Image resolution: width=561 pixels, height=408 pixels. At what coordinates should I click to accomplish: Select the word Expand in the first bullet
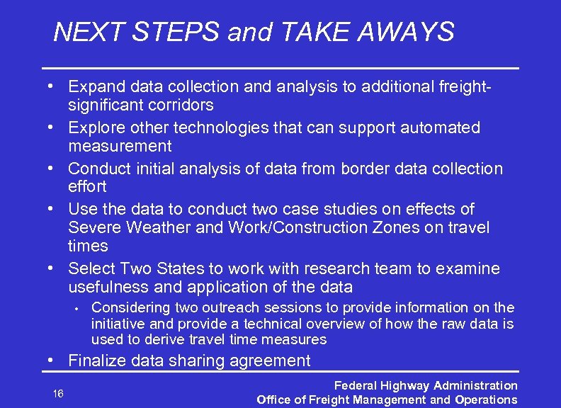[96, 87]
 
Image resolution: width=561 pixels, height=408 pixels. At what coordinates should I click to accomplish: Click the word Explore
[96, 128]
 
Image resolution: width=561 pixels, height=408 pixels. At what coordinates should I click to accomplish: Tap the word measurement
[120, 146]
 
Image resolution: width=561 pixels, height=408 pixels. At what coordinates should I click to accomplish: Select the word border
[365, 169]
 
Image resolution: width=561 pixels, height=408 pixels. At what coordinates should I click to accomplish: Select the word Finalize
[96, 361]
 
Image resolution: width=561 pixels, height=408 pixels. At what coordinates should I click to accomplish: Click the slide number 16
[58, 393]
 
